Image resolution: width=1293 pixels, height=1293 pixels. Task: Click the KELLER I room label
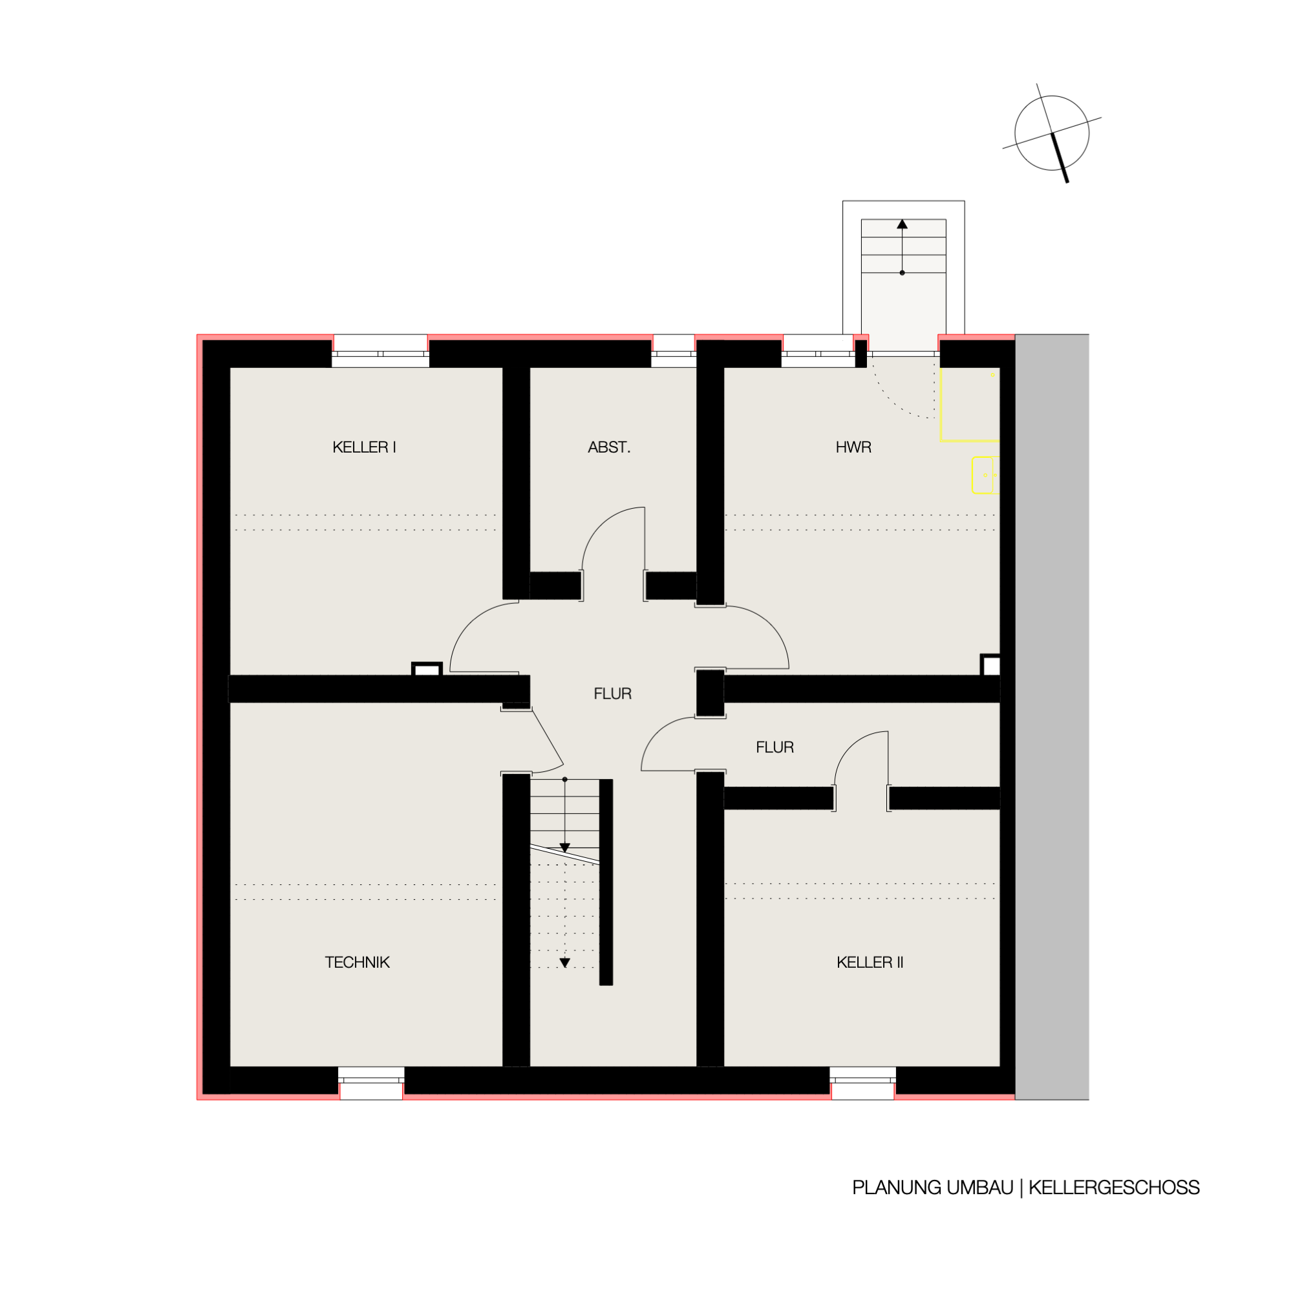coord(364,447)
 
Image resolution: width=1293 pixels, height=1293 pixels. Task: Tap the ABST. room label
coord(609,447)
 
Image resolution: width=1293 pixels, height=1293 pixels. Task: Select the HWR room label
coord(853,447)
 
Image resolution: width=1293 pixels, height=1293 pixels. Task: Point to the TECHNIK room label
coord(358,963)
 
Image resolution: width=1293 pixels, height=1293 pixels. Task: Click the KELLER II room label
coord(870,963)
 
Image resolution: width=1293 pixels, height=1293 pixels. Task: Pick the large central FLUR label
coord(612,693)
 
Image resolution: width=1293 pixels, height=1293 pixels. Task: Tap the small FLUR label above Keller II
coord(775,747)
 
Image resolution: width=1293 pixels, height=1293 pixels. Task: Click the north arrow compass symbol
coord(1052,133)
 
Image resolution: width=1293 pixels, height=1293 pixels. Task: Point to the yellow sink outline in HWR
coord(985,475)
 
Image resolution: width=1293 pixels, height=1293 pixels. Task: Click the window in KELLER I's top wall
coord(380,351)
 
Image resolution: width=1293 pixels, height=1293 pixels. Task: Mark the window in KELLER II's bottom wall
coord(862,1083)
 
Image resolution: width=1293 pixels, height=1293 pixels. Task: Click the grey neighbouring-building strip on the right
coord(1052,717)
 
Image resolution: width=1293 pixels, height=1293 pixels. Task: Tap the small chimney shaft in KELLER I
coord(427,669)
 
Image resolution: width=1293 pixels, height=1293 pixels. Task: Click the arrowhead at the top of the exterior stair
coord(902,224)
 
